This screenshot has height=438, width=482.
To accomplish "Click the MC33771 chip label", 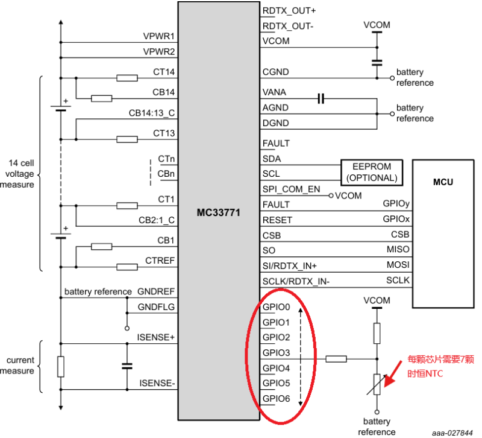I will (x=219, y=212).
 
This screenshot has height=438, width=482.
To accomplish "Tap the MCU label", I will (x=443, y=182).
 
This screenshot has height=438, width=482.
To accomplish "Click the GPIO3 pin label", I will (x=277, y=352).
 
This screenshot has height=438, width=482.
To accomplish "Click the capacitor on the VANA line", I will (x=321, y=98).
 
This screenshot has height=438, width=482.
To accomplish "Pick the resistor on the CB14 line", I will (x=101, y=98).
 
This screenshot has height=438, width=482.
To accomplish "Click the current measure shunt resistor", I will (x=60, y=366).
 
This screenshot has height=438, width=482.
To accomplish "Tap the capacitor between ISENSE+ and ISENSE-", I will (x=127, y=366).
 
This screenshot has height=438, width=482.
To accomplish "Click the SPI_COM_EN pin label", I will (x=292, y=189).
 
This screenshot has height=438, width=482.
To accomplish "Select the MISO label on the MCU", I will (x=398, y=250).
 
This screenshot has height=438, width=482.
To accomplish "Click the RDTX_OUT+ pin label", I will (x=289, y=11).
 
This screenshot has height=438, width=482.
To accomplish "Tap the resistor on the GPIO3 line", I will (x=336, y=359).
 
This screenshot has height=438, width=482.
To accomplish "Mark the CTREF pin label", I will (x=160, y=261).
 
